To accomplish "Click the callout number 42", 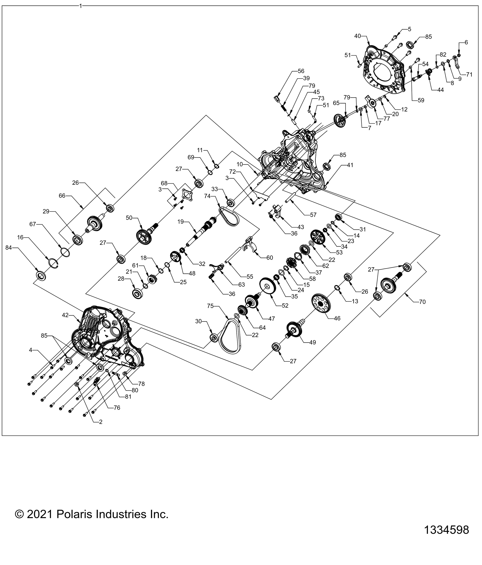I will (65, 315).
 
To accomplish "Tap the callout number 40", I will (357, 36).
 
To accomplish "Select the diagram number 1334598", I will (446, 537).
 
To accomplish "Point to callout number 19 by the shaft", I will (181, 222).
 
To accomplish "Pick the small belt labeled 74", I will (229, 217).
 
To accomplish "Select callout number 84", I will (9, 248).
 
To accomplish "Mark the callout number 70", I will (422, 302).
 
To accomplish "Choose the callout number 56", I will (301, 71).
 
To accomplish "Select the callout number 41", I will (350, 165).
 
